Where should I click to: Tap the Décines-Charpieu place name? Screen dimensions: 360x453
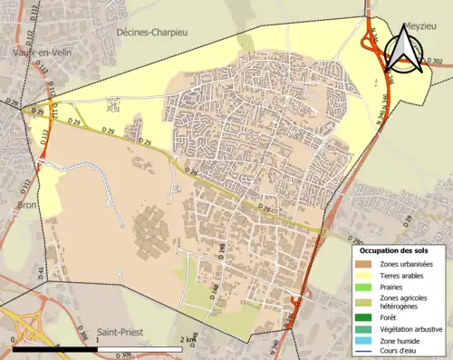155,31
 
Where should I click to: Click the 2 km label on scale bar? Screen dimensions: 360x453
188,339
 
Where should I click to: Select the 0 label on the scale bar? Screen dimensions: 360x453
13,339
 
